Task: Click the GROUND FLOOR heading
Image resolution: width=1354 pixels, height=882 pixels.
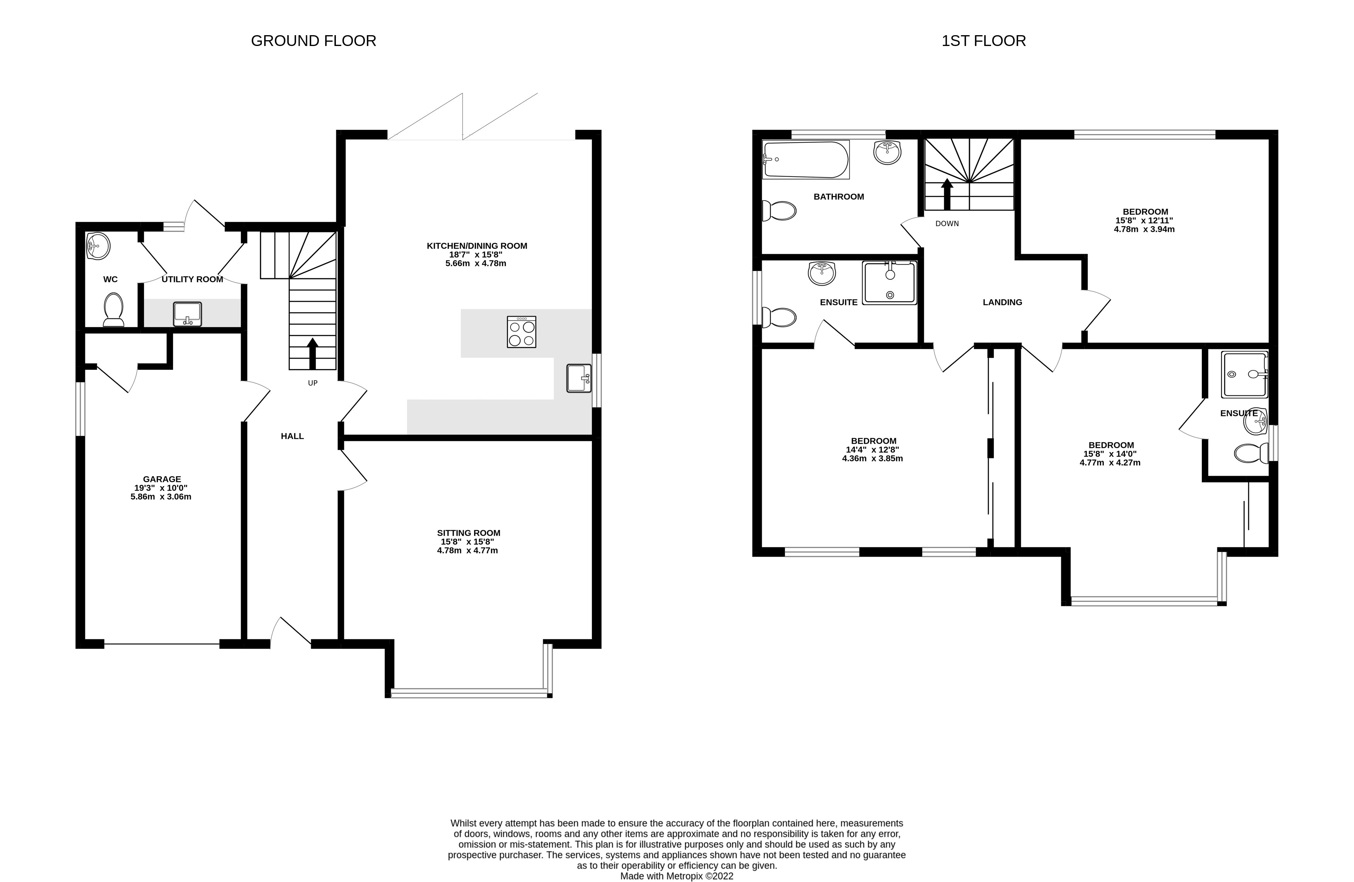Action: (314, 41)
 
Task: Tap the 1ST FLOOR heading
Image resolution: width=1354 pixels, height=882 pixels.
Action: (984, 41)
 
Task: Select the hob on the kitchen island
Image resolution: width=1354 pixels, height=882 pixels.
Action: (521, 332)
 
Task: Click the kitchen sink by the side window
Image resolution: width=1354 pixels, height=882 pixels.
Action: (579, 378)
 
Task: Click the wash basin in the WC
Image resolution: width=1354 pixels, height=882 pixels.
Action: (98, 247)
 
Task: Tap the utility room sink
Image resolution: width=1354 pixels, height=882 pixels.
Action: (187, 314)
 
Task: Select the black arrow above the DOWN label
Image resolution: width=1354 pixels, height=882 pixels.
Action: (947, 194)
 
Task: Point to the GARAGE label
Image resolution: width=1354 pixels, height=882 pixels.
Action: (161, 479)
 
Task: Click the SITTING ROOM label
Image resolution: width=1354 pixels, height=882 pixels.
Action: (468, 533)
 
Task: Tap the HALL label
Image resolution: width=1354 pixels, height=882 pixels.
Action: (292, 436)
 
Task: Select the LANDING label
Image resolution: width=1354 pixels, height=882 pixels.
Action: (1002, 302)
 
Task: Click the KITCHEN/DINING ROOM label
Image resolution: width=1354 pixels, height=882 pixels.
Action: (477, 246)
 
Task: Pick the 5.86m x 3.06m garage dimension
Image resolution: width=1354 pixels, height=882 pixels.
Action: (161, 497)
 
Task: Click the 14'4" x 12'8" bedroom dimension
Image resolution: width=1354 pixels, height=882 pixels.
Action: (872, 449)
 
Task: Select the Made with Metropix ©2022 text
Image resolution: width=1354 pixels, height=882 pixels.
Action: (676, 876)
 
